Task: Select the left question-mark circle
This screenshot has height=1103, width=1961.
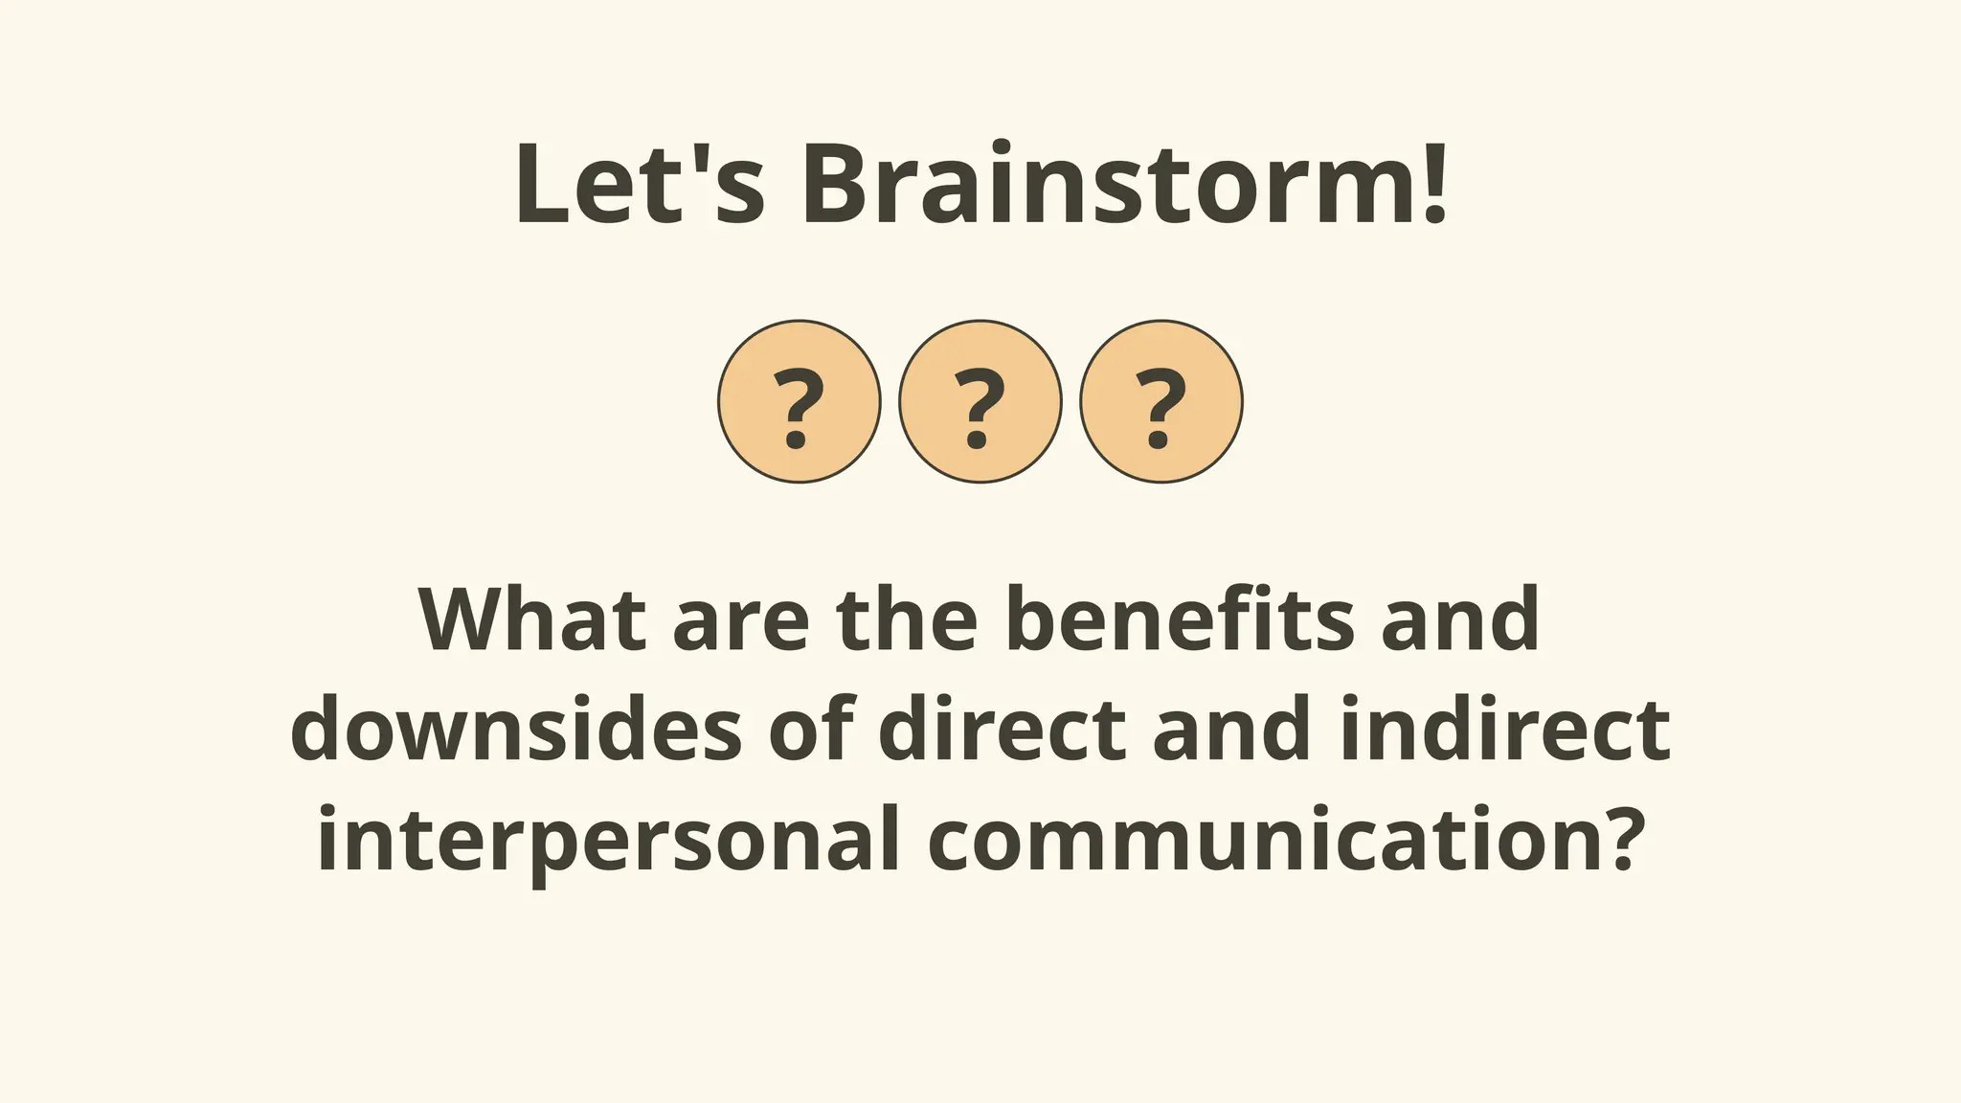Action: click(799, 401)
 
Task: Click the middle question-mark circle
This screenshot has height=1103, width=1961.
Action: click(980, 401)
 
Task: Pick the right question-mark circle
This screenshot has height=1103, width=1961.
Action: click(1161, 401)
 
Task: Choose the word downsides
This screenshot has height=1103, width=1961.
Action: click(516, 730)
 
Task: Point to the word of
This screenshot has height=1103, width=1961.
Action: click(811, 730)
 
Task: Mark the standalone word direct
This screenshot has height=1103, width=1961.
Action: click(1002, 730)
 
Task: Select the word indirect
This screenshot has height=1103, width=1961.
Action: click(1504, 730)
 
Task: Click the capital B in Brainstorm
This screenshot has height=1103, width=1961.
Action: click(840, 184)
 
